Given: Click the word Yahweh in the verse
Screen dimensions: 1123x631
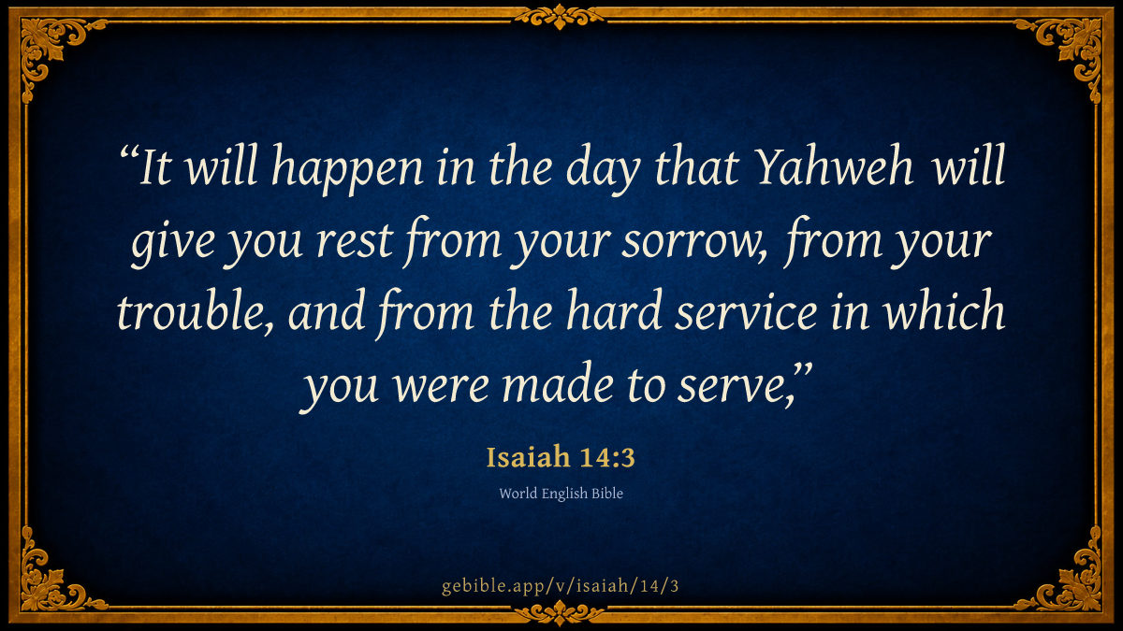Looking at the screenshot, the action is coord(834,165).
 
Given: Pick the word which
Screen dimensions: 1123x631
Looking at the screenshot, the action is coord(944,310).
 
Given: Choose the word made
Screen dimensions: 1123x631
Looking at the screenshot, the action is coord(558,383).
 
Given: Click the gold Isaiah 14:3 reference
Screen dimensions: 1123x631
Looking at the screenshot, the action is coord(561,457).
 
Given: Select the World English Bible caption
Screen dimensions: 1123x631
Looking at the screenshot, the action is coord(561,494).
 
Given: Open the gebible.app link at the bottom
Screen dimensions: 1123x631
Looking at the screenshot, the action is coord(561,586).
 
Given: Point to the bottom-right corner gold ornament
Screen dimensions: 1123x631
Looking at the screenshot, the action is coord(1067,581).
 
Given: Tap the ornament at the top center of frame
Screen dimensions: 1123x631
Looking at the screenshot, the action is coord(560,16).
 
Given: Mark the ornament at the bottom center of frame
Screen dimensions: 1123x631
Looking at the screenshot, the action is coord(560,613).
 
